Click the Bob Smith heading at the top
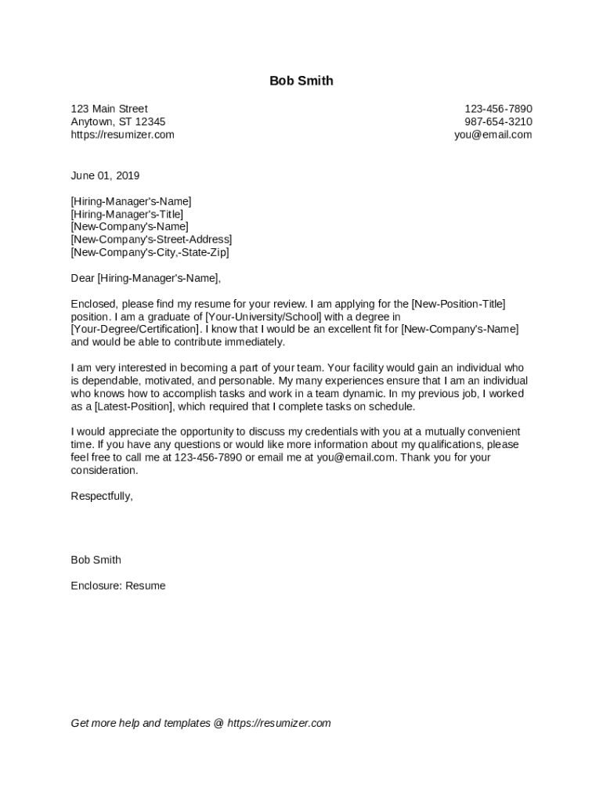pos(301,81)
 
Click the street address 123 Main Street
pos(109,109)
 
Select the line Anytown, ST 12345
pos(117,122)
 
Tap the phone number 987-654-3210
pos(498,122)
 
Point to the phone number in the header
pos(498,109)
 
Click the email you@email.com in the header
pos(493,135)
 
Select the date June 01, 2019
pos(105,175)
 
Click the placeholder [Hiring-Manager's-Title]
pos(127,214)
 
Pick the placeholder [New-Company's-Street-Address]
pos(151,240)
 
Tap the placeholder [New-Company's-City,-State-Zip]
pos(150,252)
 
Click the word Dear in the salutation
pos(82,278)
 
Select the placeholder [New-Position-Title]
pos(458,304)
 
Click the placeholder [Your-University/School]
pos(263,316)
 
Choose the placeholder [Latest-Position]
pos(133,406)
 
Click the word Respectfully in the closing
pos(101,496)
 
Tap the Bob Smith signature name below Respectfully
pos(96,560)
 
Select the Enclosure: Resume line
pos(117,586)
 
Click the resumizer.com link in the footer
pos(279,723)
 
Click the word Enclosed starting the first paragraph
pos(93,304)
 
